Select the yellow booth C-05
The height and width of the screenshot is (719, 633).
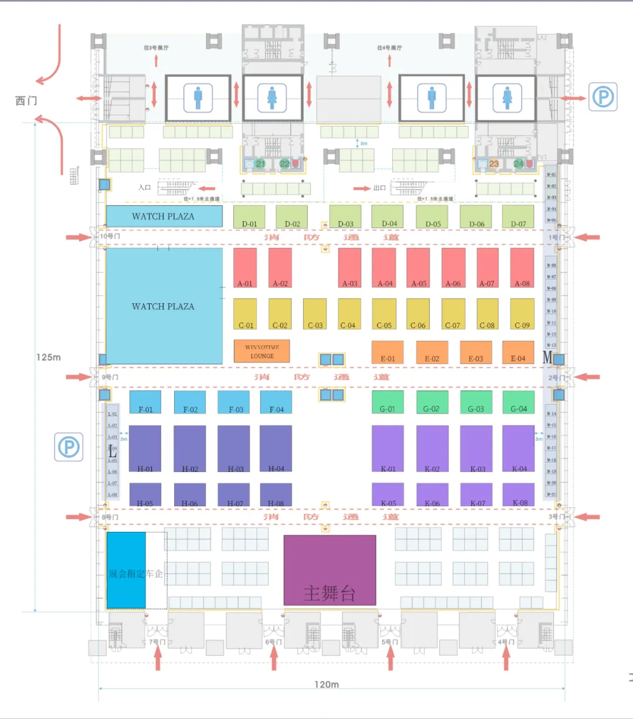384,314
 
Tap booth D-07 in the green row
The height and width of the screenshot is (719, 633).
518,216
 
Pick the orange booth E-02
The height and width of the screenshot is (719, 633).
431,352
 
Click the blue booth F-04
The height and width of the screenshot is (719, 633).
276,402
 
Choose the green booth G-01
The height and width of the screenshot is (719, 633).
387,402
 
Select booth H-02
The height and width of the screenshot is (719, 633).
189,449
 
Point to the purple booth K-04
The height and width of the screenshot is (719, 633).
519,449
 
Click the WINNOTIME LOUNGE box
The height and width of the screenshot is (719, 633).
262,351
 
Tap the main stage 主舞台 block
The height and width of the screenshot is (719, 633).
330,570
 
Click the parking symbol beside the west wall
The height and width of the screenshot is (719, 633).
69,447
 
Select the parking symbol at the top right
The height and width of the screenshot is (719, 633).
603,97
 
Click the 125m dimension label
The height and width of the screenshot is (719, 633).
49,357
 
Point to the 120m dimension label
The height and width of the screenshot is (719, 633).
326,684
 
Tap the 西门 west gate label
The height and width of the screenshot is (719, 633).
26,101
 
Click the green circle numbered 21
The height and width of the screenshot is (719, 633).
260,164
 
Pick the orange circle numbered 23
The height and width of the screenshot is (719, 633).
494,164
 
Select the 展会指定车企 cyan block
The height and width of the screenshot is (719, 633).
126,571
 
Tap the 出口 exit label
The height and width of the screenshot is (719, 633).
380,188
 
